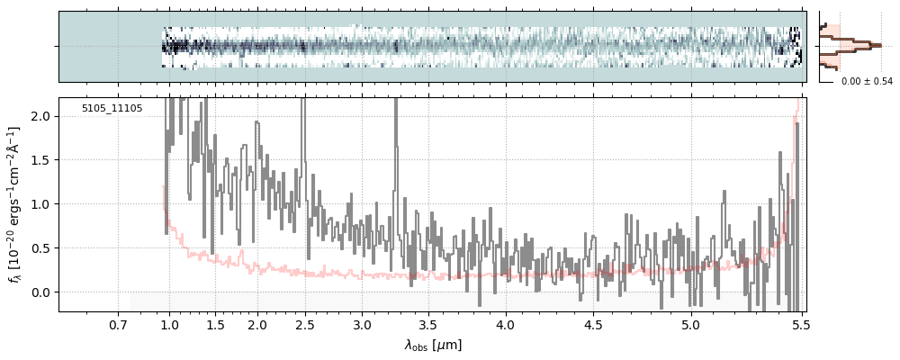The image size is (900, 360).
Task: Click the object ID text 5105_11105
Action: click(112, 108)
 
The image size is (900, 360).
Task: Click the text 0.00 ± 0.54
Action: click(867, 82)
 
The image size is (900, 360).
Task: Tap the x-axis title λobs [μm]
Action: click(433, 345)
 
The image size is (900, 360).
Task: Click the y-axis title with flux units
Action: click(15, 205)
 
